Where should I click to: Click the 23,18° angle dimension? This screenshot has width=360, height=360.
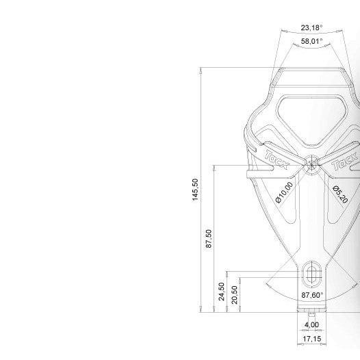coord(311,28)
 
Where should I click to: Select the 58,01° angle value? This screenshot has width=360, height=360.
coord(311,41)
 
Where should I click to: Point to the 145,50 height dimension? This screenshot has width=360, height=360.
coord(195,190)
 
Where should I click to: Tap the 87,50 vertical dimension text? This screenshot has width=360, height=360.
coord(209,239)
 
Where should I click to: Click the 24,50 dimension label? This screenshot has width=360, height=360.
coord(222,292)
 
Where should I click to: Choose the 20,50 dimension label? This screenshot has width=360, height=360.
coord(235,295)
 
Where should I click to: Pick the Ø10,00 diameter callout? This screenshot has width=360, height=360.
coord(284,192)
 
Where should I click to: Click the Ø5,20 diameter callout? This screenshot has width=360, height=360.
coord(340,194)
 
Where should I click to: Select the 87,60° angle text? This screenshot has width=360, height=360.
coord(312,295)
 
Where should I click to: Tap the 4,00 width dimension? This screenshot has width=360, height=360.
coord(311,325)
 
